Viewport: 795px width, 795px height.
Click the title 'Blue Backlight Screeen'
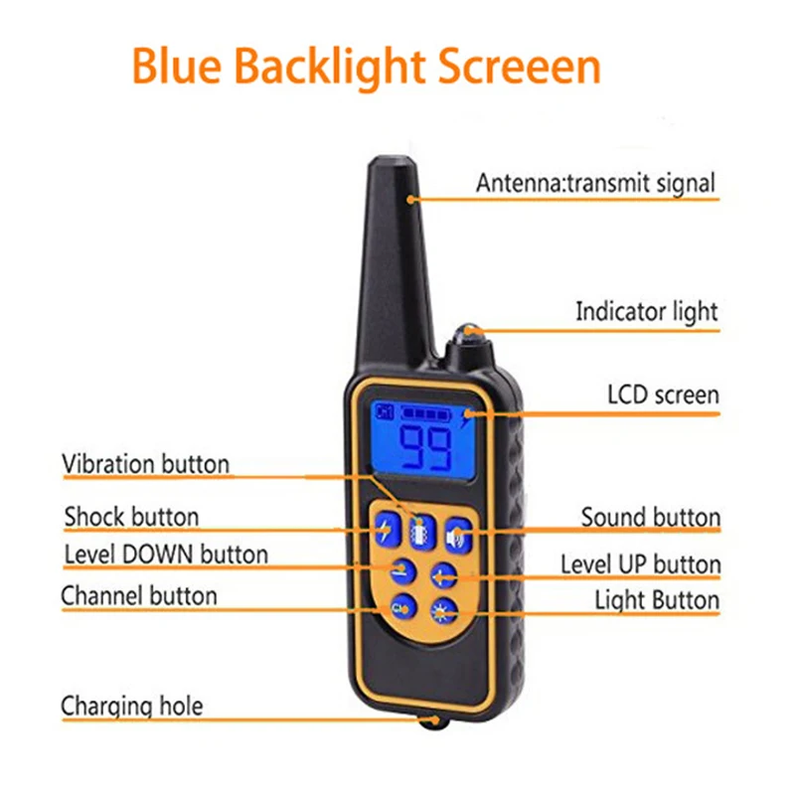pyautogui.click(x=366, y=68)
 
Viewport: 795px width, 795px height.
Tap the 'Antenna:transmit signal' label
pyautogui.click(x=594, y=183)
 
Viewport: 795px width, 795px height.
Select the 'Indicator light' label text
pyautogui.click(x=646, y=311)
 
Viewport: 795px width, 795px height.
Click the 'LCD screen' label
pyautogui.click(x=663, y=395)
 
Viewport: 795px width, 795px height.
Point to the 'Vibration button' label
pyautogui.click(x=145, y=464)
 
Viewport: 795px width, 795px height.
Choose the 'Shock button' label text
pyautogui.click(x=131, y=517)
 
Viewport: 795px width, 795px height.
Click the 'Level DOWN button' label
pyautogui.click(x=166, y=554)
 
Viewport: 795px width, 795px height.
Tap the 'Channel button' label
pyautogui.click(x=139, y=596)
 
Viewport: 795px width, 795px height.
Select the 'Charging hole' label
pyautogui.click(x=132, y=706)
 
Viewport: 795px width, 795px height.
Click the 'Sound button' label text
pyautogui.click(x=650, y=517)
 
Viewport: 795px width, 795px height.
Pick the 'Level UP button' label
pyautogui.click(x=640, y=564)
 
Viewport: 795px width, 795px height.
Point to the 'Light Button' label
pyautogui.click(x=657, y=600)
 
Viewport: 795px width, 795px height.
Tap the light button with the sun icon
pyautogui.click(x=442, y=610)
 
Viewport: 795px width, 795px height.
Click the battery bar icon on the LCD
pyautogui.click(x=423, y=410)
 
